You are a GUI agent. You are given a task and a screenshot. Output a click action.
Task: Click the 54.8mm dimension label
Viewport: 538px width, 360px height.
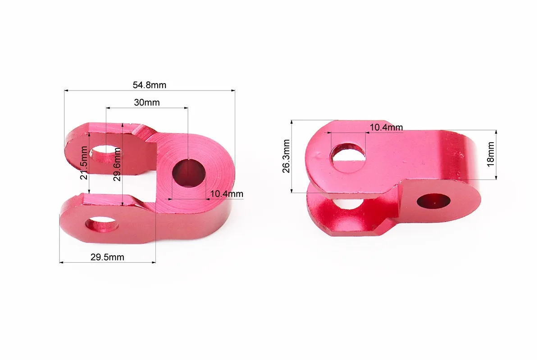coord(149,85)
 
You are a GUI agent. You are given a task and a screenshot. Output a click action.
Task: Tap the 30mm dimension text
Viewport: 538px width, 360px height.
coord(146,103)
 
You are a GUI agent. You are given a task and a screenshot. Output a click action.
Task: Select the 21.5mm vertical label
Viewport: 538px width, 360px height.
coord(84,163)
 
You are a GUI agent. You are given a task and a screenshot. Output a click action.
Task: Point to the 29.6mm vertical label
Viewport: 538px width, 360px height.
coord(117,164)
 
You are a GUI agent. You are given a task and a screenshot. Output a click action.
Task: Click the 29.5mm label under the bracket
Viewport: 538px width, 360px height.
coord(107,257)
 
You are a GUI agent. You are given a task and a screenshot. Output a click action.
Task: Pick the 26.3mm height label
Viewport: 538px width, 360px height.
coord(286,156)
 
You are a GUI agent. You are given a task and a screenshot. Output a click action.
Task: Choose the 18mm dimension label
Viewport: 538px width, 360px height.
coord(491,154)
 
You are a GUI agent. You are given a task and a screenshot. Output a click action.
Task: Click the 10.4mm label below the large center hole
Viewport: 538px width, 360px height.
coord(227,194)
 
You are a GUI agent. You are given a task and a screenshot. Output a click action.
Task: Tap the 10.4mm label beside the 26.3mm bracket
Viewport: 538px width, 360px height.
coord(386,127)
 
